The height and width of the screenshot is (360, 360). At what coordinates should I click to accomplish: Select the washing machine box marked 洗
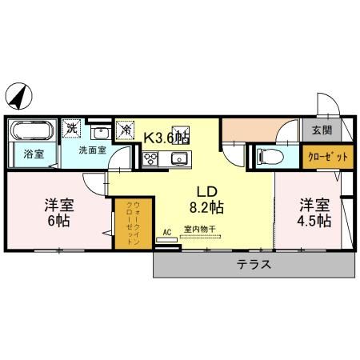click(73, 127)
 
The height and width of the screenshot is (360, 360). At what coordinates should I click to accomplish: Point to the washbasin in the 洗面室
click(100, 134)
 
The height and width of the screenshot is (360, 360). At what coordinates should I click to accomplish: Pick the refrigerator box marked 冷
click(125, 127)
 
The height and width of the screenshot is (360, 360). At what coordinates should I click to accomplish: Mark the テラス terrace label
click(253, 264)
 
